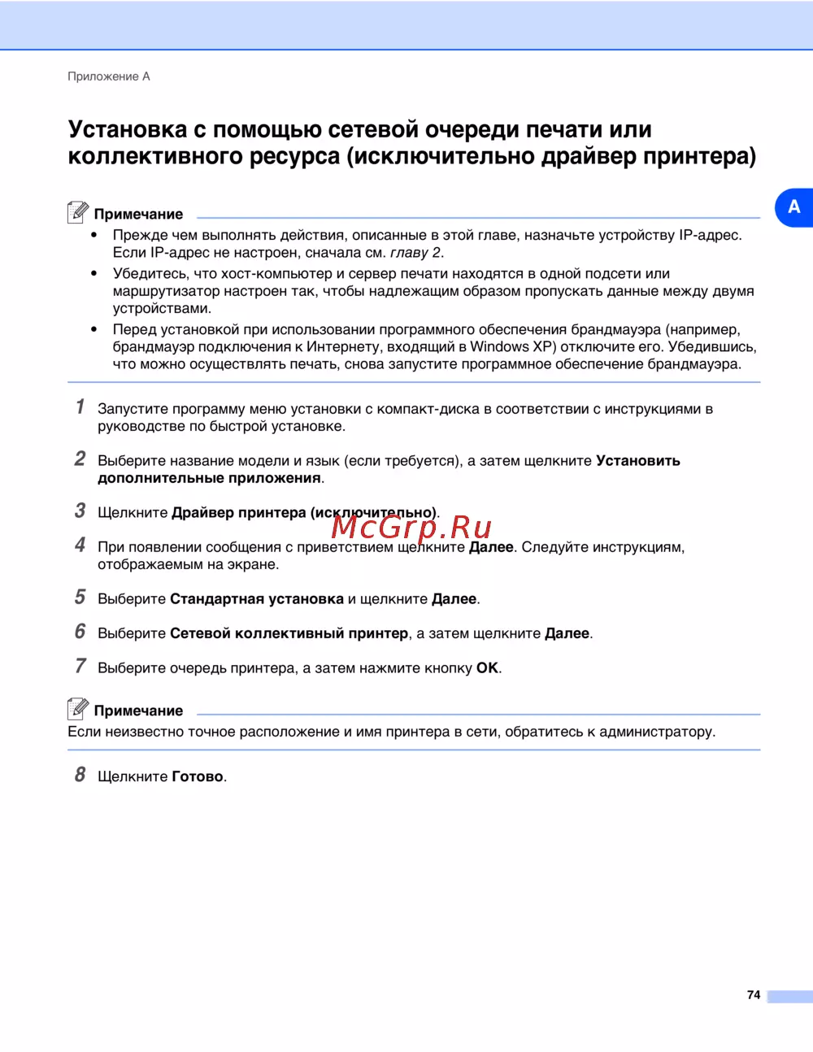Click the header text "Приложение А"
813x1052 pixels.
108,76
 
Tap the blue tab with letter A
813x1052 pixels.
793,207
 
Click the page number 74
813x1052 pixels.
753,995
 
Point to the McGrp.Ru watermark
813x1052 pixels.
411,527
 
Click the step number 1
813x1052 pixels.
80,406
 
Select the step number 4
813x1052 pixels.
80,545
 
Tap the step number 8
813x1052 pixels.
80,775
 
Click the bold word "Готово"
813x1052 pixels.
198,776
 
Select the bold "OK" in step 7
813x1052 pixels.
487,668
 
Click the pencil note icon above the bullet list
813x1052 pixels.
77,212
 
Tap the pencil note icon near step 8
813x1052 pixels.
77,709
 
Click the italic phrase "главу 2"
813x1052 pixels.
415,253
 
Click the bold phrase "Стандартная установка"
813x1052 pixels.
256,599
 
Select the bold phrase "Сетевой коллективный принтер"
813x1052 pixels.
289,633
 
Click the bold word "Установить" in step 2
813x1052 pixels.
638,461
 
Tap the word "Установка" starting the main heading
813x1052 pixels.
128,130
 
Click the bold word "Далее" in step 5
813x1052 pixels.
454,599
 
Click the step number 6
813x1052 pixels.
80,632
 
